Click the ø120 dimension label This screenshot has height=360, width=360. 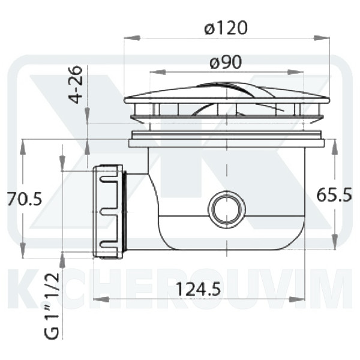tap(226, 28)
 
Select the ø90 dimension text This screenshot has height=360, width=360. tap(226, 62)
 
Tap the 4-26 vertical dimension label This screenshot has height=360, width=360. tap(76, 85)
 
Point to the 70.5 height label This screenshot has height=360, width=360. tap(25, 199)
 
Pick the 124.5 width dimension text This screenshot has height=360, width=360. tap(198, 289)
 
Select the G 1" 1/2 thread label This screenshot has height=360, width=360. tap(52, 307)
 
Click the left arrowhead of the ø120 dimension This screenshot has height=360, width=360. tap(132, 38)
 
